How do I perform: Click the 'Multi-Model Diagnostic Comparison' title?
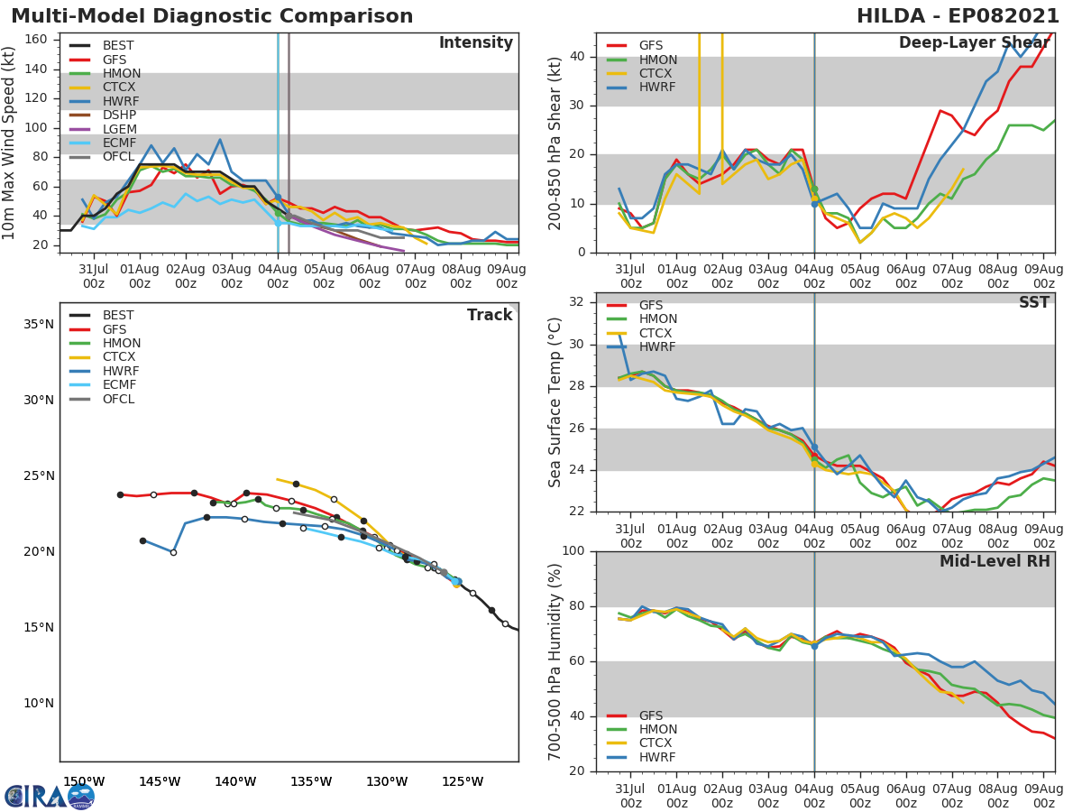(212, 16)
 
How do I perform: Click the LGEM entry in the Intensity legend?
(119, 129)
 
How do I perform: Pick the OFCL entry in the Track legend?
(119, 399)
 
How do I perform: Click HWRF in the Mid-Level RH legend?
(657, 757)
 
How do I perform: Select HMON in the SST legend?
(658, 319)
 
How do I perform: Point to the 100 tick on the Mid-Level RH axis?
(573, 551)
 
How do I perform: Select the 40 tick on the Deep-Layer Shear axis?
(576, 57)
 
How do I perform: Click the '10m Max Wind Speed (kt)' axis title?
(10, 144)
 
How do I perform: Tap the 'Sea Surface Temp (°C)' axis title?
(555, 401)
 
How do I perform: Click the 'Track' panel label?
(489, 315)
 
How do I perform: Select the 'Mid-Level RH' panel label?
(995, 561)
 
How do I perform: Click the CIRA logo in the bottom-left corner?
(49, 796)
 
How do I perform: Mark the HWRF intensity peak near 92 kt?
(220, 140)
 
